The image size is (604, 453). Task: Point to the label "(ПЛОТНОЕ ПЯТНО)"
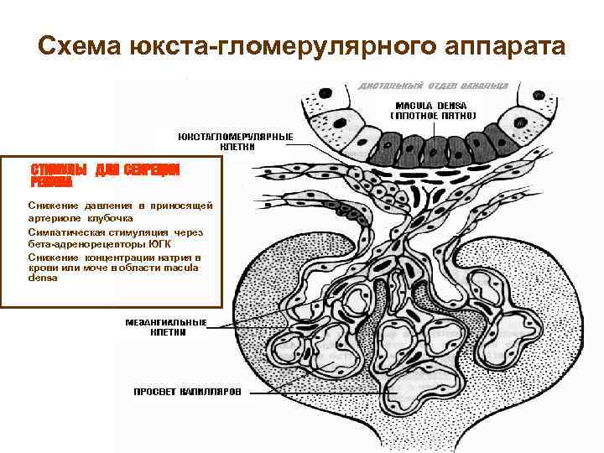click(x=435, y=115)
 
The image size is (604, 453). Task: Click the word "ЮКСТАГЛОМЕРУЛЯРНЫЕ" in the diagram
click(x=235, y=136)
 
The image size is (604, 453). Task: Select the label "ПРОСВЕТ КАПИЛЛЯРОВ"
click(x=188, y=392)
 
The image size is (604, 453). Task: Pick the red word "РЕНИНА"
click(x=52, y=181)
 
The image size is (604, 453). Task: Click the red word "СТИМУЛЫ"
click(x=60, y=169)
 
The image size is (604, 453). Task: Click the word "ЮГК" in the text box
click(x=156, y=243)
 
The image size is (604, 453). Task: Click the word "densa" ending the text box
click(x=43, y=279)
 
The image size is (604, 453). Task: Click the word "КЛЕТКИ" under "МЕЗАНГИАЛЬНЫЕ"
click(x=168, y=332)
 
